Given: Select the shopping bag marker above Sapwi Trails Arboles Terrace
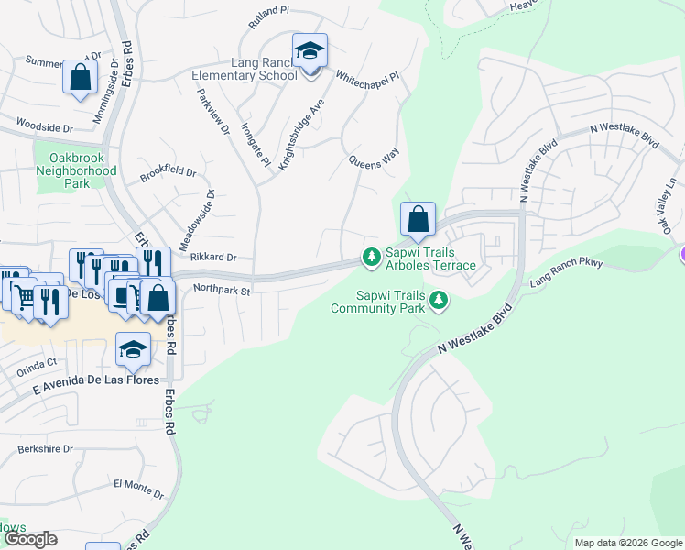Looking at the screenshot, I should (x=418, y=220).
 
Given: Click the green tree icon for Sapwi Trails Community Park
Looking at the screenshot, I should (x=440, y=299).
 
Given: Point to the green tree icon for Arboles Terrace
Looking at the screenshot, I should (x=371, y=257).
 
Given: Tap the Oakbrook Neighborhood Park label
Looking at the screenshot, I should (x=77, y=170).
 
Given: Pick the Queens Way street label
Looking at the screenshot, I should (x=375, y=161).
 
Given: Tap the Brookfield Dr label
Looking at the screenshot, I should (x=169, y=172).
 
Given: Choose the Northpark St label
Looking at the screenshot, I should (x=222, y=291).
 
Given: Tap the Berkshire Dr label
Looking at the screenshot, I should (x=46, y=450).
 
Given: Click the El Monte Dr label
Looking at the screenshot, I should (x=138, y=486).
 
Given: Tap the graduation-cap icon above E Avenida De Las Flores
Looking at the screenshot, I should (x=133, y=348).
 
